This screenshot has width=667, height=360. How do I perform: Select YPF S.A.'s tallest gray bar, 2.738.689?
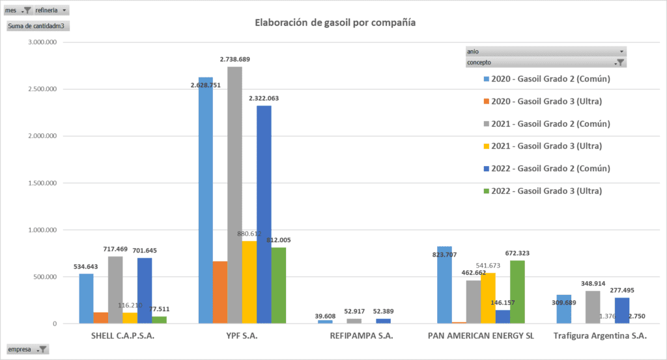click(x=234, y=195)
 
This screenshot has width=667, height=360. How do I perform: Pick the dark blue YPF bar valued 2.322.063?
click(x=264, y=215)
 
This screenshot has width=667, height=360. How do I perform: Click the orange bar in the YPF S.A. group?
click(x=220, y=292)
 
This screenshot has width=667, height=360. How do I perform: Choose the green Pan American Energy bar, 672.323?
click(x=517, y=292)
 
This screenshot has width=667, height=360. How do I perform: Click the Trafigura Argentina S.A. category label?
click(x=600, y=337)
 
